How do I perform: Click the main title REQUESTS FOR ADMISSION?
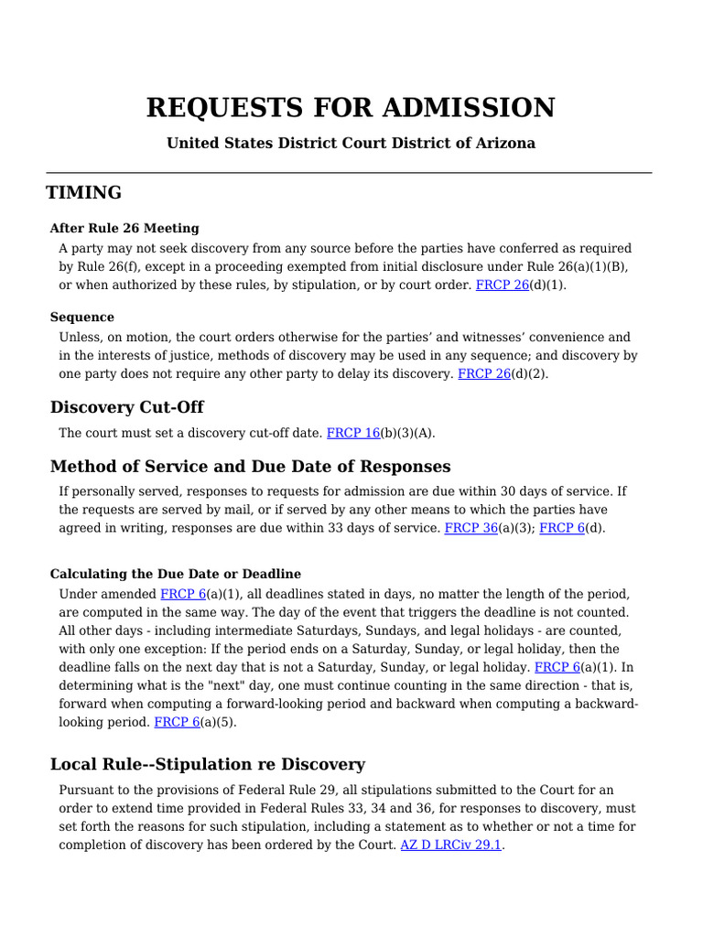pyautogui.click(x=351, y=108)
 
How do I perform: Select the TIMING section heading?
pyautogui.click(x=84, y=193)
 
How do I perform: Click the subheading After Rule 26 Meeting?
pyautogui.click(x=124, y=228)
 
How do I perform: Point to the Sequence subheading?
pyautogui.click(x=82, y=318)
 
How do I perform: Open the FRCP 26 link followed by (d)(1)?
pyautogui.click(x=503, y=285)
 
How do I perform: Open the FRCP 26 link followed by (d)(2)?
pyautogui.click(x=484, y=373)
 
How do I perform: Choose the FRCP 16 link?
pyautogui.click(x=353, y=433)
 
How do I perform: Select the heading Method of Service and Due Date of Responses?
pyautogui.click(x=250, y=467)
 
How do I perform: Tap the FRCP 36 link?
pyautogui.click(x=470, y=528)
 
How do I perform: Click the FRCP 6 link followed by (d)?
pyautogui.click(x=562, y=528)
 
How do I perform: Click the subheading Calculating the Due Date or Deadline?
pyautogui.click(x=176, y=575)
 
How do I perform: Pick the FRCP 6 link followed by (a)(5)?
pyautogui.click(x=177, y=722)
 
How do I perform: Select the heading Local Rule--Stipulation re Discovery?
pyautogui.click(x=208, y=764)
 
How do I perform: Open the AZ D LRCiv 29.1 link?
pyautogui.click(x=451, y=845)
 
